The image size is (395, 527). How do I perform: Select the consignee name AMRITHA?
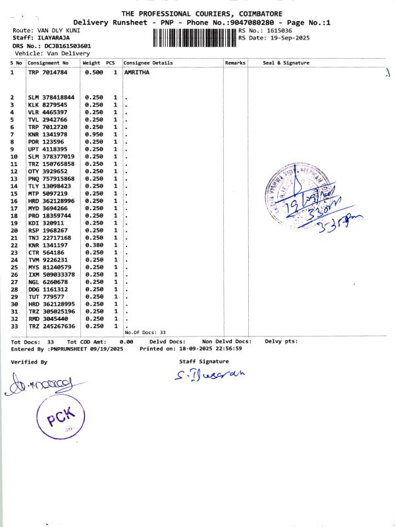coord(137,72)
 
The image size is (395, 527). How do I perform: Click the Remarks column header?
coord(235,63)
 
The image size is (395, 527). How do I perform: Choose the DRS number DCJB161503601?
coord(68,45)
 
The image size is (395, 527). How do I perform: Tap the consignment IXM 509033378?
coord(51,274)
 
